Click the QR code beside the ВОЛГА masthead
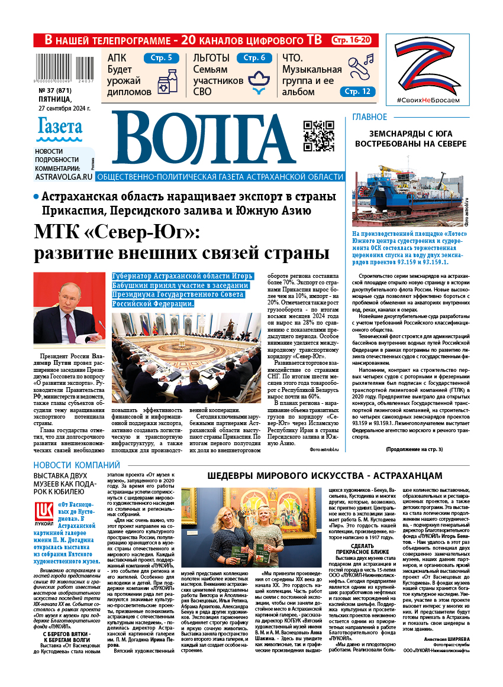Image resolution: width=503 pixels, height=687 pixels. [318, 136]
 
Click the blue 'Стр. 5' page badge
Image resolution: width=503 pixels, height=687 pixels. [161, 58]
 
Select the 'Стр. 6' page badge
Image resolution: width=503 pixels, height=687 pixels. [254, 58]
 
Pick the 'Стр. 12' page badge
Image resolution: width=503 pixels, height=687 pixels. [358, 92]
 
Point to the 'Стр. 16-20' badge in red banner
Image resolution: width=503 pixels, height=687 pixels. [352, 40]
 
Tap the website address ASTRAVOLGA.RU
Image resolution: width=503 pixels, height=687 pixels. [63, 176]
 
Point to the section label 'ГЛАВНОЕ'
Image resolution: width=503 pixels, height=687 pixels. [370, 117]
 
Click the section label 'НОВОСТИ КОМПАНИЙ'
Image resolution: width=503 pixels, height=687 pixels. [76, 465]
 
